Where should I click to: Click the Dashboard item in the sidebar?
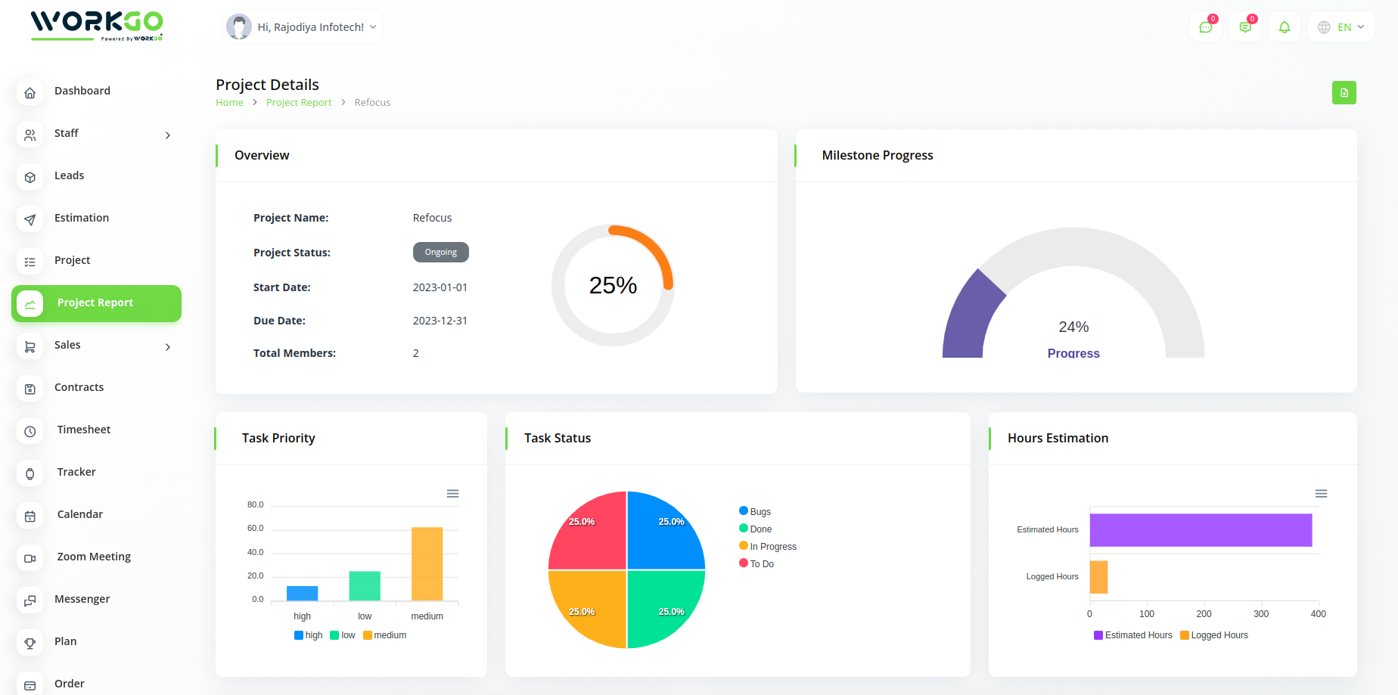pyautogui.click(x=82, y=91)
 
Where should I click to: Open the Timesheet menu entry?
pyautogui.click(x=83, y=430)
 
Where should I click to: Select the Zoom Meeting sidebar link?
pyautogui.click(x=93, y=557)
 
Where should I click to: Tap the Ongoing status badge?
pyautogui.click(x=440, y=253)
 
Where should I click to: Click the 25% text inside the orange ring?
pyautogui.click(x=613, y=285)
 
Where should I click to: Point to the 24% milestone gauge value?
pyautogui.click(x=1073, y=327)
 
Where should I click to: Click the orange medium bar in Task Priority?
pyautogui.click(x=427, y=564)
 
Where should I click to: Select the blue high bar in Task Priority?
pyautogui.click(x=303, y=593)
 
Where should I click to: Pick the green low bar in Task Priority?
pyautogui.click(x=365, y=586)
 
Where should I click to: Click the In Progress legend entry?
pyautogui.click(x=772, y=547)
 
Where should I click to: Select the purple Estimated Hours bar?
pyautogui.click(x=1201, y=530)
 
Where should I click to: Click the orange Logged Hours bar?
pyautogui.click(x=1098, y=577)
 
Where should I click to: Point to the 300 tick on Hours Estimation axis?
pyautogui.click(x=1261, y=614)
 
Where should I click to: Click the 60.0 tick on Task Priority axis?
pyautogui.click(x=256, y=529)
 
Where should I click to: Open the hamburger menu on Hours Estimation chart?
pyautogui.click(x=1321, y=494)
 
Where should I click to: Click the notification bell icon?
pyautogui.click(x=1285, y=27)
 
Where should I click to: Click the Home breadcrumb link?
pyautogui.click(x=229, y=103)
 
